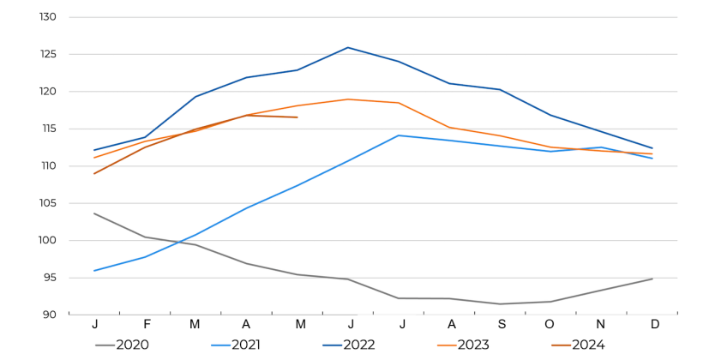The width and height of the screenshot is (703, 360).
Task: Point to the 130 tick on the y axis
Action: [48, 17]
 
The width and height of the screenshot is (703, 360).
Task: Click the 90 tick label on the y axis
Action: [51, 315]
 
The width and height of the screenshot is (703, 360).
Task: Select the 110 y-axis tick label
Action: [48, 166]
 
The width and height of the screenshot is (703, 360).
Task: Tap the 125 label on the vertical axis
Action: [48, 54]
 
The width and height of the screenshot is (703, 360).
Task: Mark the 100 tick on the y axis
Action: [48, 240]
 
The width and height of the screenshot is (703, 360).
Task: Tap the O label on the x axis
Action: [550, 324]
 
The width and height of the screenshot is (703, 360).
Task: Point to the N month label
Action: [601, 324]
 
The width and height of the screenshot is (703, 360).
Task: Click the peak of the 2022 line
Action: [348, 47]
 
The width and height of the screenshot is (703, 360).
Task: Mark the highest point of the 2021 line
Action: [399, 135]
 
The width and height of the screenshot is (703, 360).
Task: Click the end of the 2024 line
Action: [297, 117]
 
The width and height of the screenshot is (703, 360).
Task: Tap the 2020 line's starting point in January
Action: [94, 213]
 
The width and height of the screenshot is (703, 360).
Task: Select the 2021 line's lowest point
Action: [94, 271]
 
